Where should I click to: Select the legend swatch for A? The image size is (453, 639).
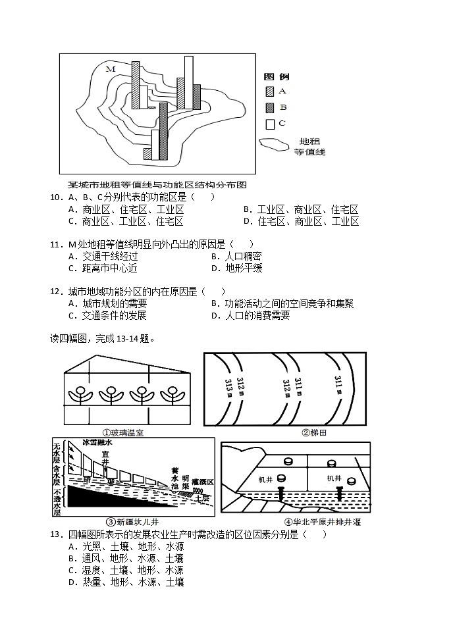click(270, 91)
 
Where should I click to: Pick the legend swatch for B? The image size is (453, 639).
click(270, 107)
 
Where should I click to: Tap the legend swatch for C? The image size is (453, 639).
click(270, 123)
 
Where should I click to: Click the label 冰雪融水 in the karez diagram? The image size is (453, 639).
click(97, 443)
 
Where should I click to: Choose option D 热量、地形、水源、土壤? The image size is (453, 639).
click(125, 582)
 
